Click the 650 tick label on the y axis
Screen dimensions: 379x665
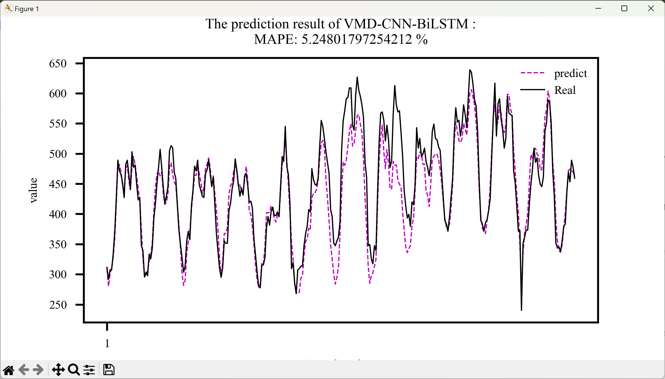point(58,64)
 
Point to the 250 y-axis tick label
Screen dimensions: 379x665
point(58,305)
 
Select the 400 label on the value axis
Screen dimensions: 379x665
point(58,214)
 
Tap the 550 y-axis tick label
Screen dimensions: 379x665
point(58,124)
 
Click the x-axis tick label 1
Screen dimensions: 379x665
point(107,343)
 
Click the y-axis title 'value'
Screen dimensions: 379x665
point(33,190)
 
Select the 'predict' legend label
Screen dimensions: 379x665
point(570,73)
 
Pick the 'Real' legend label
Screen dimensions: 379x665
point(565,90)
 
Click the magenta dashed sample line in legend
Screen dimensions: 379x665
point(532,73)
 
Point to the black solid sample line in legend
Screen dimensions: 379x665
point(532,90)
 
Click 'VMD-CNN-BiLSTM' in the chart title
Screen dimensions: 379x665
point(406,24)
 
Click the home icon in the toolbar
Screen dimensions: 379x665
point(9,370)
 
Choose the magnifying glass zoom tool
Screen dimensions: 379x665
point(74,370)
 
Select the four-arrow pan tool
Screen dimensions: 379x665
point(58,370)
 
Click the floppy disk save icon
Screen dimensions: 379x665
point(109,370)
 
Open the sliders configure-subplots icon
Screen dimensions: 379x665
point(89,370)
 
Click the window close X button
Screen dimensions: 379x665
point(651,9)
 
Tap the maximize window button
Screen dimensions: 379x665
point(624,9)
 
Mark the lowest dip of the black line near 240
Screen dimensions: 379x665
point(521,309)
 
